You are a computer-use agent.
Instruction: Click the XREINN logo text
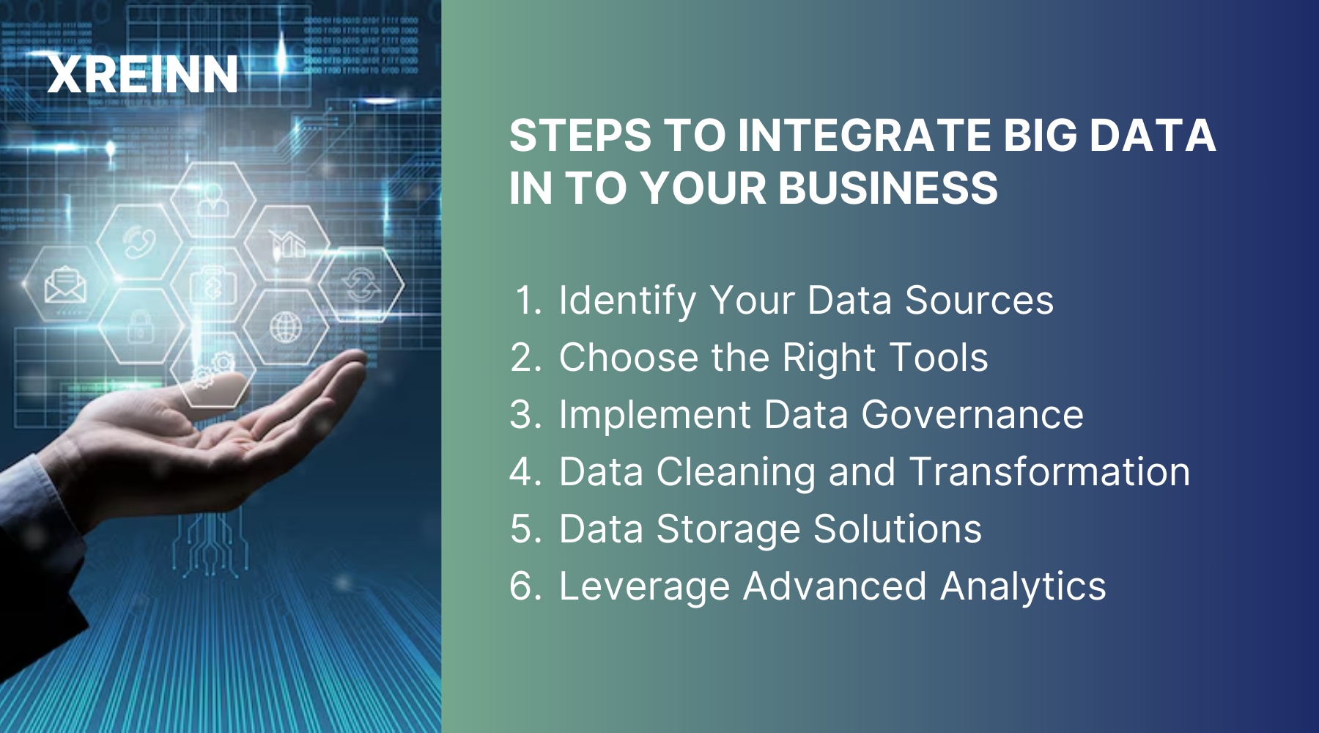coord(143,74)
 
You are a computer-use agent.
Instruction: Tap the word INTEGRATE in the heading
coord(863,136)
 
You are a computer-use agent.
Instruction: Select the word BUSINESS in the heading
coord(887,188)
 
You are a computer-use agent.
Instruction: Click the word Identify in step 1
coord(627,301)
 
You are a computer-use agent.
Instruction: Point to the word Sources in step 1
coord(979,301)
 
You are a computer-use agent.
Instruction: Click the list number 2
coord(525,358)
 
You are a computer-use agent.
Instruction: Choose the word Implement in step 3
coord(655,415)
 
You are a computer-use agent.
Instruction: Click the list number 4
coord(525,472)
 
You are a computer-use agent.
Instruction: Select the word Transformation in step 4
coord(1049,472)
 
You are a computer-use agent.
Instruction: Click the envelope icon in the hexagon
coord(65,285)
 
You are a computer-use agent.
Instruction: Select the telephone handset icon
coord(139,243)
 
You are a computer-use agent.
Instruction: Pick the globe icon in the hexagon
coord(286,327)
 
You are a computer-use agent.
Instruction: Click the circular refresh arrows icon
coord(361,285)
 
